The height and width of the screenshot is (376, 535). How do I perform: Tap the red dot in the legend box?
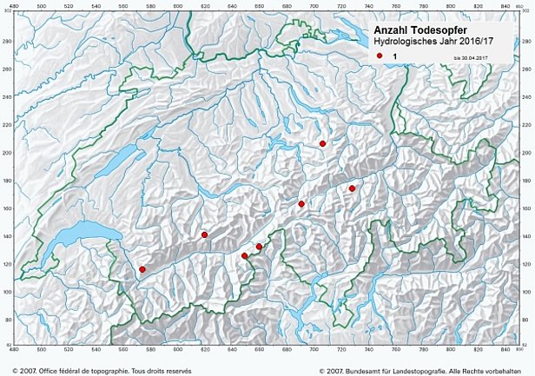380,56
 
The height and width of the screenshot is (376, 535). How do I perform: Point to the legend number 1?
395,56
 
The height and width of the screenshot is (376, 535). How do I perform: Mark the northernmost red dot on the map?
322,143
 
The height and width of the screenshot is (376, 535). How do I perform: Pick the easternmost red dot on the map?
352,188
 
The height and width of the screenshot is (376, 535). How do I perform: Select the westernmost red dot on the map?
142,270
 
